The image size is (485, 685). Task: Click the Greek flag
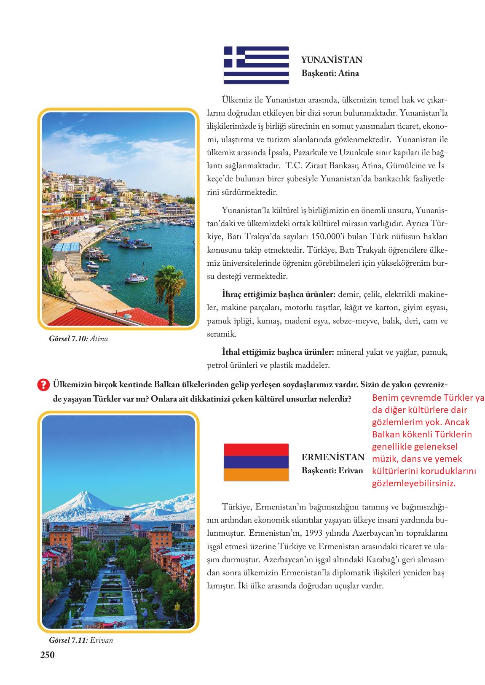(256, 65)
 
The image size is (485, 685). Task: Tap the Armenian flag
(256, 462)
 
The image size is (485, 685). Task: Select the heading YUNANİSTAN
(332, 60)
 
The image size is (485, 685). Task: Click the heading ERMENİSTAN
(332, 457)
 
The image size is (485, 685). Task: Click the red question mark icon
(43, 385)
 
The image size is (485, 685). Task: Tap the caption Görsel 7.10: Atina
(78, 339)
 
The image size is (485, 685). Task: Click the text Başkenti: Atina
(330, 73)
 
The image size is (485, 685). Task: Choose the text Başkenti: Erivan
(332, 470)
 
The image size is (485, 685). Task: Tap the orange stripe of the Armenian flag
(256, 475)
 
